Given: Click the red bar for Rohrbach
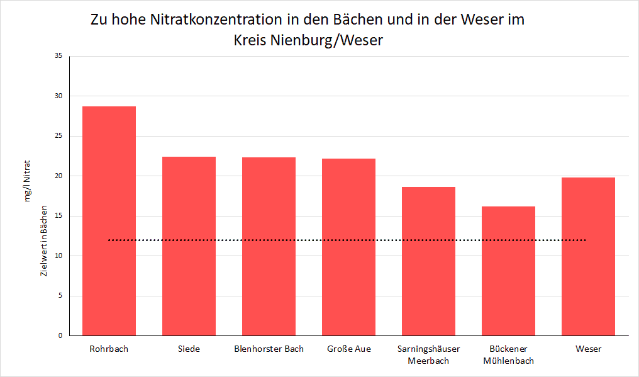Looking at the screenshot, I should coord(109,221).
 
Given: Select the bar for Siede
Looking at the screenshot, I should coord(189,246).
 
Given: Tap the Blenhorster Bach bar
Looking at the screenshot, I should coord(269,246).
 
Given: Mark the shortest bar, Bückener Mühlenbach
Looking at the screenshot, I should coord(508,271).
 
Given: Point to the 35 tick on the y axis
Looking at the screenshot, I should coord(58,56).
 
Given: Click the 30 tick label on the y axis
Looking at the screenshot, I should coord(58,96).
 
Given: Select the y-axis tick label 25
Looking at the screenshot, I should coord(58,136).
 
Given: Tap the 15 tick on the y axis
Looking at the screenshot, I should coord(58,216).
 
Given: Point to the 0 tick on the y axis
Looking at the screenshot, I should coord(60,335).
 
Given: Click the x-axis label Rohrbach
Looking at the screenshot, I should coord(109,349).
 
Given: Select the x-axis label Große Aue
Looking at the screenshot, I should coord(348,349).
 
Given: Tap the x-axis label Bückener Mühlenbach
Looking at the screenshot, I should coord(508,354).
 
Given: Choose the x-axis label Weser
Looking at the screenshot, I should coord(588,349).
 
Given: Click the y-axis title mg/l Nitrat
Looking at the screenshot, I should coord(28,181).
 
